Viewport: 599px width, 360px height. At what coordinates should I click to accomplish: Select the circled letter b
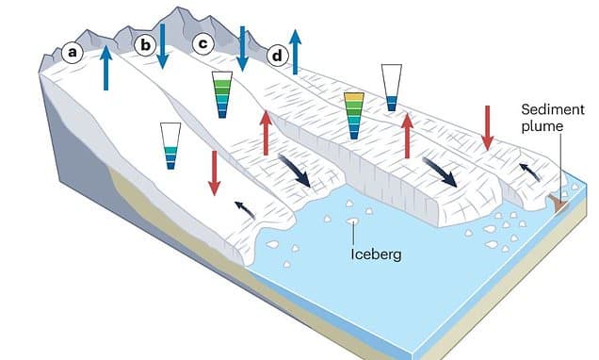click(x=145, y=44)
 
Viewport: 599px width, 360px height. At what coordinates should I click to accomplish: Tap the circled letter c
click(x=202, y=43)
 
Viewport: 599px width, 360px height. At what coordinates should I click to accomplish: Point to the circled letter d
click(x=277, y=56)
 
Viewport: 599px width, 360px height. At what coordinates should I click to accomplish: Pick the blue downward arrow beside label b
click(x=163, y=44)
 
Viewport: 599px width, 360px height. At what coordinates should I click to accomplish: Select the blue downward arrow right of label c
click(x=242, y=47)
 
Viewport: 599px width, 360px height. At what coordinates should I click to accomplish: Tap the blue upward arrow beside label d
click(x=296, y=51)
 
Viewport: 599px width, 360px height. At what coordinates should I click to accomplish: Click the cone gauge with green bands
click(x=221, y=93)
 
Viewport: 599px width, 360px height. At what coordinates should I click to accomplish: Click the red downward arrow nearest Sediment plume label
click(x=488, y=127)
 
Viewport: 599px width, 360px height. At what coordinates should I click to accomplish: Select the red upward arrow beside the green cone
click(x=266, y=132)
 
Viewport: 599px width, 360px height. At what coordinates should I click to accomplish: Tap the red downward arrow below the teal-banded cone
click(x=215, y=172)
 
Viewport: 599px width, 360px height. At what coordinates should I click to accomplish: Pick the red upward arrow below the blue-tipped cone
click(x=407, y=136)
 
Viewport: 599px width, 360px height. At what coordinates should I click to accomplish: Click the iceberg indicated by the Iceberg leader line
click(x=353, y=222)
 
